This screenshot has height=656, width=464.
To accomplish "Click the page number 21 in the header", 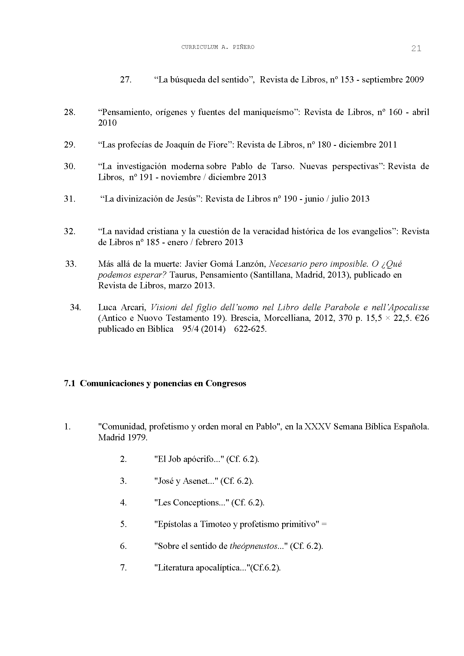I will [x=416, y=49].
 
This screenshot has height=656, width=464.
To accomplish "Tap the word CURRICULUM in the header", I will [x=199, y=47].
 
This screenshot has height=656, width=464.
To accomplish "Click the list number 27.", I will [x=125, y=80].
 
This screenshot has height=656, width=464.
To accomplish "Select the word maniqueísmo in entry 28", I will [x=268, y=112].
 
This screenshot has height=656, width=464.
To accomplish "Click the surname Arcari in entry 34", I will [x=134, y=307].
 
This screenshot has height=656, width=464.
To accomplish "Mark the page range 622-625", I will [x=250, y=329].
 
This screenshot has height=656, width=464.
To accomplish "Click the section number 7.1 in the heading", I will [x=69, y=383].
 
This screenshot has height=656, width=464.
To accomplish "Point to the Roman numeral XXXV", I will [x=318, y=427].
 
